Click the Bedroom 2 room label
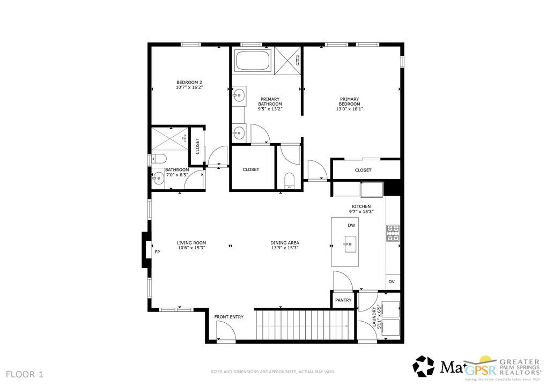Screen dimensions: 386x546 click(x=189, y=82)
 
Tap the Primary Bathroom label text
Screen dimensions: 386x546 click(x=270, y=101)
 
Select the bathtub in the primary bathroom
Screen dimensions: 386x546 click(x=253, y=60)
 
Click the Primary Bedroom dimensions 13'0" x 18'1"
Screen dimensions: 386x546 click(x=349, y=109)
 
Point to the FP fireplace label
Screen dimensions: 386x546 click(x=157, y=251)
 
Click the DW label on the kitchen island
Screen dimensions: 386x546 click(x=351, y=225)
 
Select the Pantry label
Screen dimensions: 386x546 click(x=343, y=300)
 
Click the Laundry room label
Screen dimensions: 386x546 click(x=374, y=317)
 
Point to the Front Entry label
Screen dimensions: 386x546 click(x=229, y=317)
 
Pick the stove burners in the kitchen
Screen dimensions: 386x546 click(x=393, y=233)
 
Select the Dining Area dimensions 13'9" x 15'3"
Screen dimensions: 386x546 click(x=284, y=248)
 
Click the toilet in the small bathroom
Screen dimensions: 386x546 click(x=158, y=158)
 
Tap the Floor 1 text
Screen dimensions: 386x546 click(x=25, y=374)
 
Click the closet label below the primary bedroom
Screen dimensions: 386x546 click(x=363, y=170)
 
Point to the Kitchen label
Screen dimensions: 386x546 click(x=361, y=206)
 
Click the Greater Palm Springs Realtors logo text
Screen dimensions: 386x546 click(x=519, y=368)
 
